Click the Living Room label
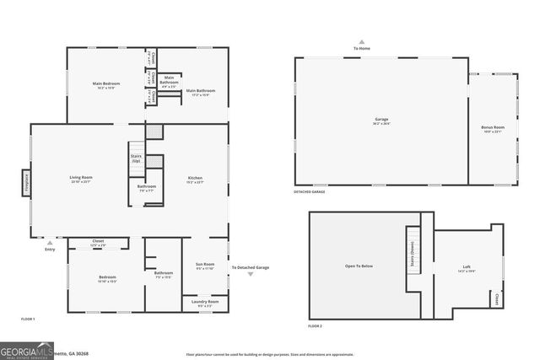coord(81,179)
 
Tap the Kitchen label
coord(195,179)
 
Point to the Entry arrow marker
coord(49,242)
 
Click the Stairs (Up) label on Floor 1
coord(136,159)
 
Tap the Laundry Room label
coord(205,302)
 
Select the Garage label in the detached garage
coord(381,121)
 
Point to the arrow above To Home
coord(361,40)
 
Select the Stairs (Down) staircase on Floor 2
coord(413,250)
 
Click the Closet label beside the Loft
coord(497,298)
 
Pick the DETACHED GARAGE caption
coord(310,192)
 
